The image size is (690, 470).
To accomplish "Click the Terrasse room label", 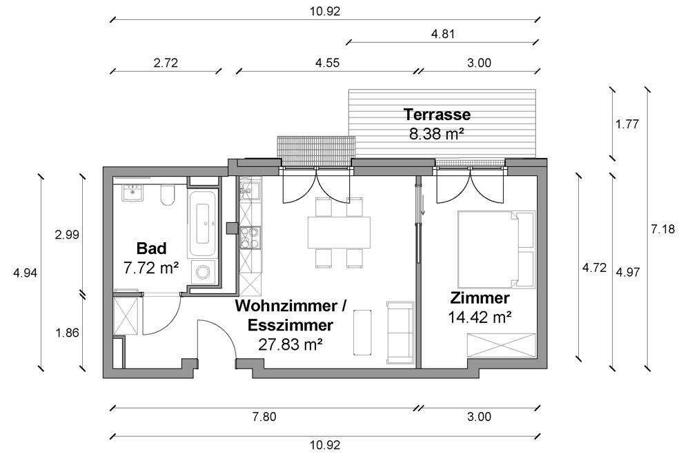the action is (x=437, y=115).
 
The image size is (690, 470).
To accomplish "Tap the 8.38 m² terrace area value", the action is (x=437, y=134).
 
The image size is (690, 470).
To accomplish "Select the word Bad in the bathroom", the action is (x=151, y=248).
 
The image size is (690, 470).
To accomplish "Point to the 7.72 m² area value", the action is (x=151, y=268).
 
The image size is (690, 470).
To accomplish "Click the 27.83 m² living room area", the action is (x=290, y=344).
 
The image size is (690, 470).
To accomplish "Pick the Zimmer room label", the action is (x=480, y=298).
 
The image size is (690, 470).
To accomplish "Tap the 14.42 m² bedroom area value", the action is (x=480, y=317).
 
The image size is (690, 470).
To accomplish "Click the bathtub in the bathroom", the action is (x=202, y=224).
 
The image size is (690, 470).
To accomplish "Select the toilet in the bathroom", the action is (x=168, y=195).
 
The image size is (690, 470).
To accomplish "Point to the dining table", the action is (x=339, y=233).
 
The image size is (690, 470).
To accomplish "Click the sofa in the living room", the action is (x=400, y=333).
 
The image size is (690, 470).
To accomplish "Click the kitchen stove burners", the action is (x=250, y=237).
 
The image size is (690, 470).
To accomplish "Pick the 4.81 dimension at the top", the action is (x=443, y=34).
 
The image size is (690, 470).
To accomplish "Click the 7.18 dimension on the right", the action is (x=662, y=229).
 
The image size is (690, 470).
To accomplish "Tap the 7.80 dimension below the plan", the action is (x=264, y=416).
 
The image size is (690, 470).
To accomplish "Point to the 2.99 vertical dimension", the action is (x=67, y=235).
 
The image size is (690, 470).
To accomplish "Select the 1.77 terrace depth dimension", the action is (x=627, y=124).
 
